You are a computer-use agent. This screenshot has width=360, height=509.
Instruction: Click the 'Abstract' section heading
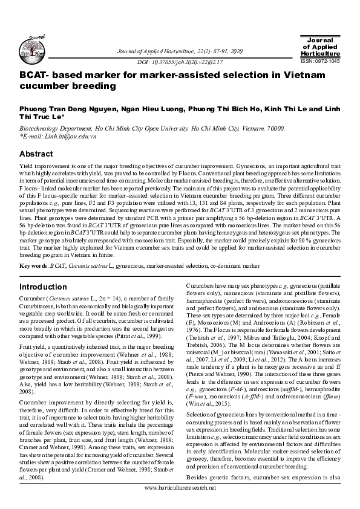pos(37,154)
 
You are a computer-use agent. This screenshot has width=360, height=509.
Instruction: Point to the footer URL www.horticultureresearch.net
pos(180,503)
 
